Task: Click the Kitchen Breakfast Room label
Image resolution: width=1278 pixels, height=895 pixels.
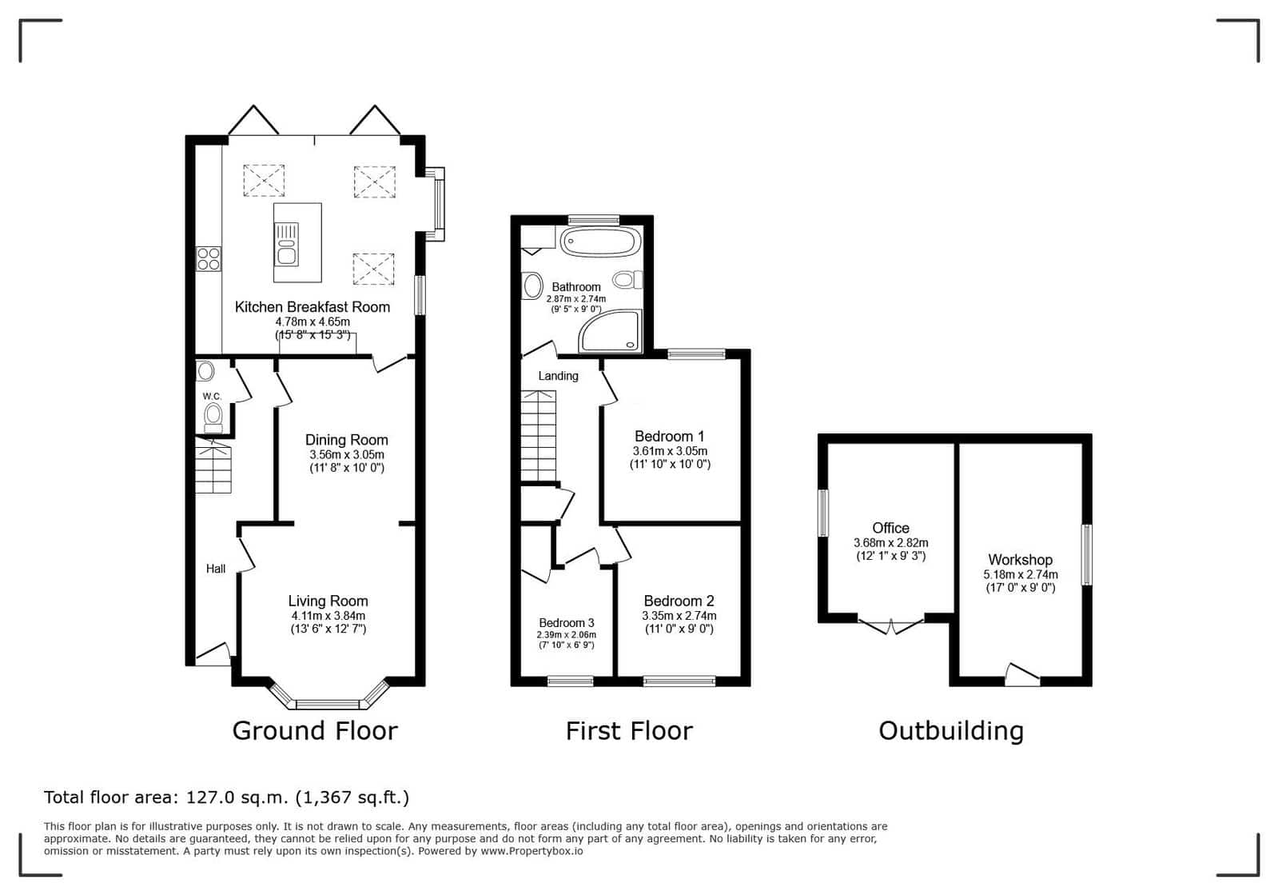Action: click(x=312, y=307)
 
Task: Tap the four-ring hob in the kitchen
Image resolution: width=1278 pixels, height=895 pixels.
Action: click(x=209, y=258)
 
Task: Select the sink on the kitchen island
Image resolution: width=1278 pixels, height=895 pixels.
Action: click(x=286, y=244)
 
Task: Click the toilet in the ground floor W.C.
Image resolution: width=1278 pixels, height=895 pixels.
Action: click(x=213, y=418)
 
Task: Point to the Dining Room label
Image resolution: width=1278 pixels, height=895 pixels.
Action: click(x=346, y=440)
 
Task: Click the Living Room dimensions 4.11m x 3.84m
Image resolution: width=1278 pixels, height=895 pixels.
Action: click(x=328, y=616)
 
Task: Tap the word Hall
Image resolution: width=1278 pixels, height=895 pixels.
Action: click(x=216, y=569)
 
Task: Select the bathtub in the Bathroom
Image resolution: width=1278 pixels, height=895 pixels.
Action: click(x=600, y=242)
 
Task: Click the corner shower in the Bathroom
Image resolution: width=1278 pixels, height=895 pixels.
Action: click(x=610, y=331)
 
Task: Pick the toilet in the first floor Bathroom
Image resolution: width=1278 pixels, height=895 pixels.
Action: click(x=627, y=280)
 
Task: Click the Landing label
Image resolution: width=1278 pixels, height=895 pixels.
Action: click(x=558, y=376)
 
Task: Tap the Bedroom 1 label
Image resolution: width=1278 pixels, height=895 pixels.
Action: click(x=669, y=437)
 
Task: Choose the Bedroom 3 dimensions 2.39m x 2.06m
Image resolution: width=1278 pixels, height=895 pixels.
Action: click(x=566, y=635)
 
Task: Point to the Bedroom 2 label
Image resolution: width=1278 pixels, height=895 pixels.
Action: click(x=679, y=601)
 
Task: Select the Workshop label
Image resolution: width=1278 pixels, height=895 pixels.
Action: click(x=1020, y=560)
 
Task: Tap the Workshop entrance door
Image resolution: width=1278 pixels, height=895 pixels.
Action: click(x=1021, y=674)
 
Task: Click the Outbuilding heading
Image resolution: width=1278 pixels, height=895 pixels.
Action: click(x=951, y=730)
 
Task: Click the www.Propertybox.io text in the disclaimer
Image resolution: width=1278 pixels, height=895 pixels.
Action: click(x=532, y=851)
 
